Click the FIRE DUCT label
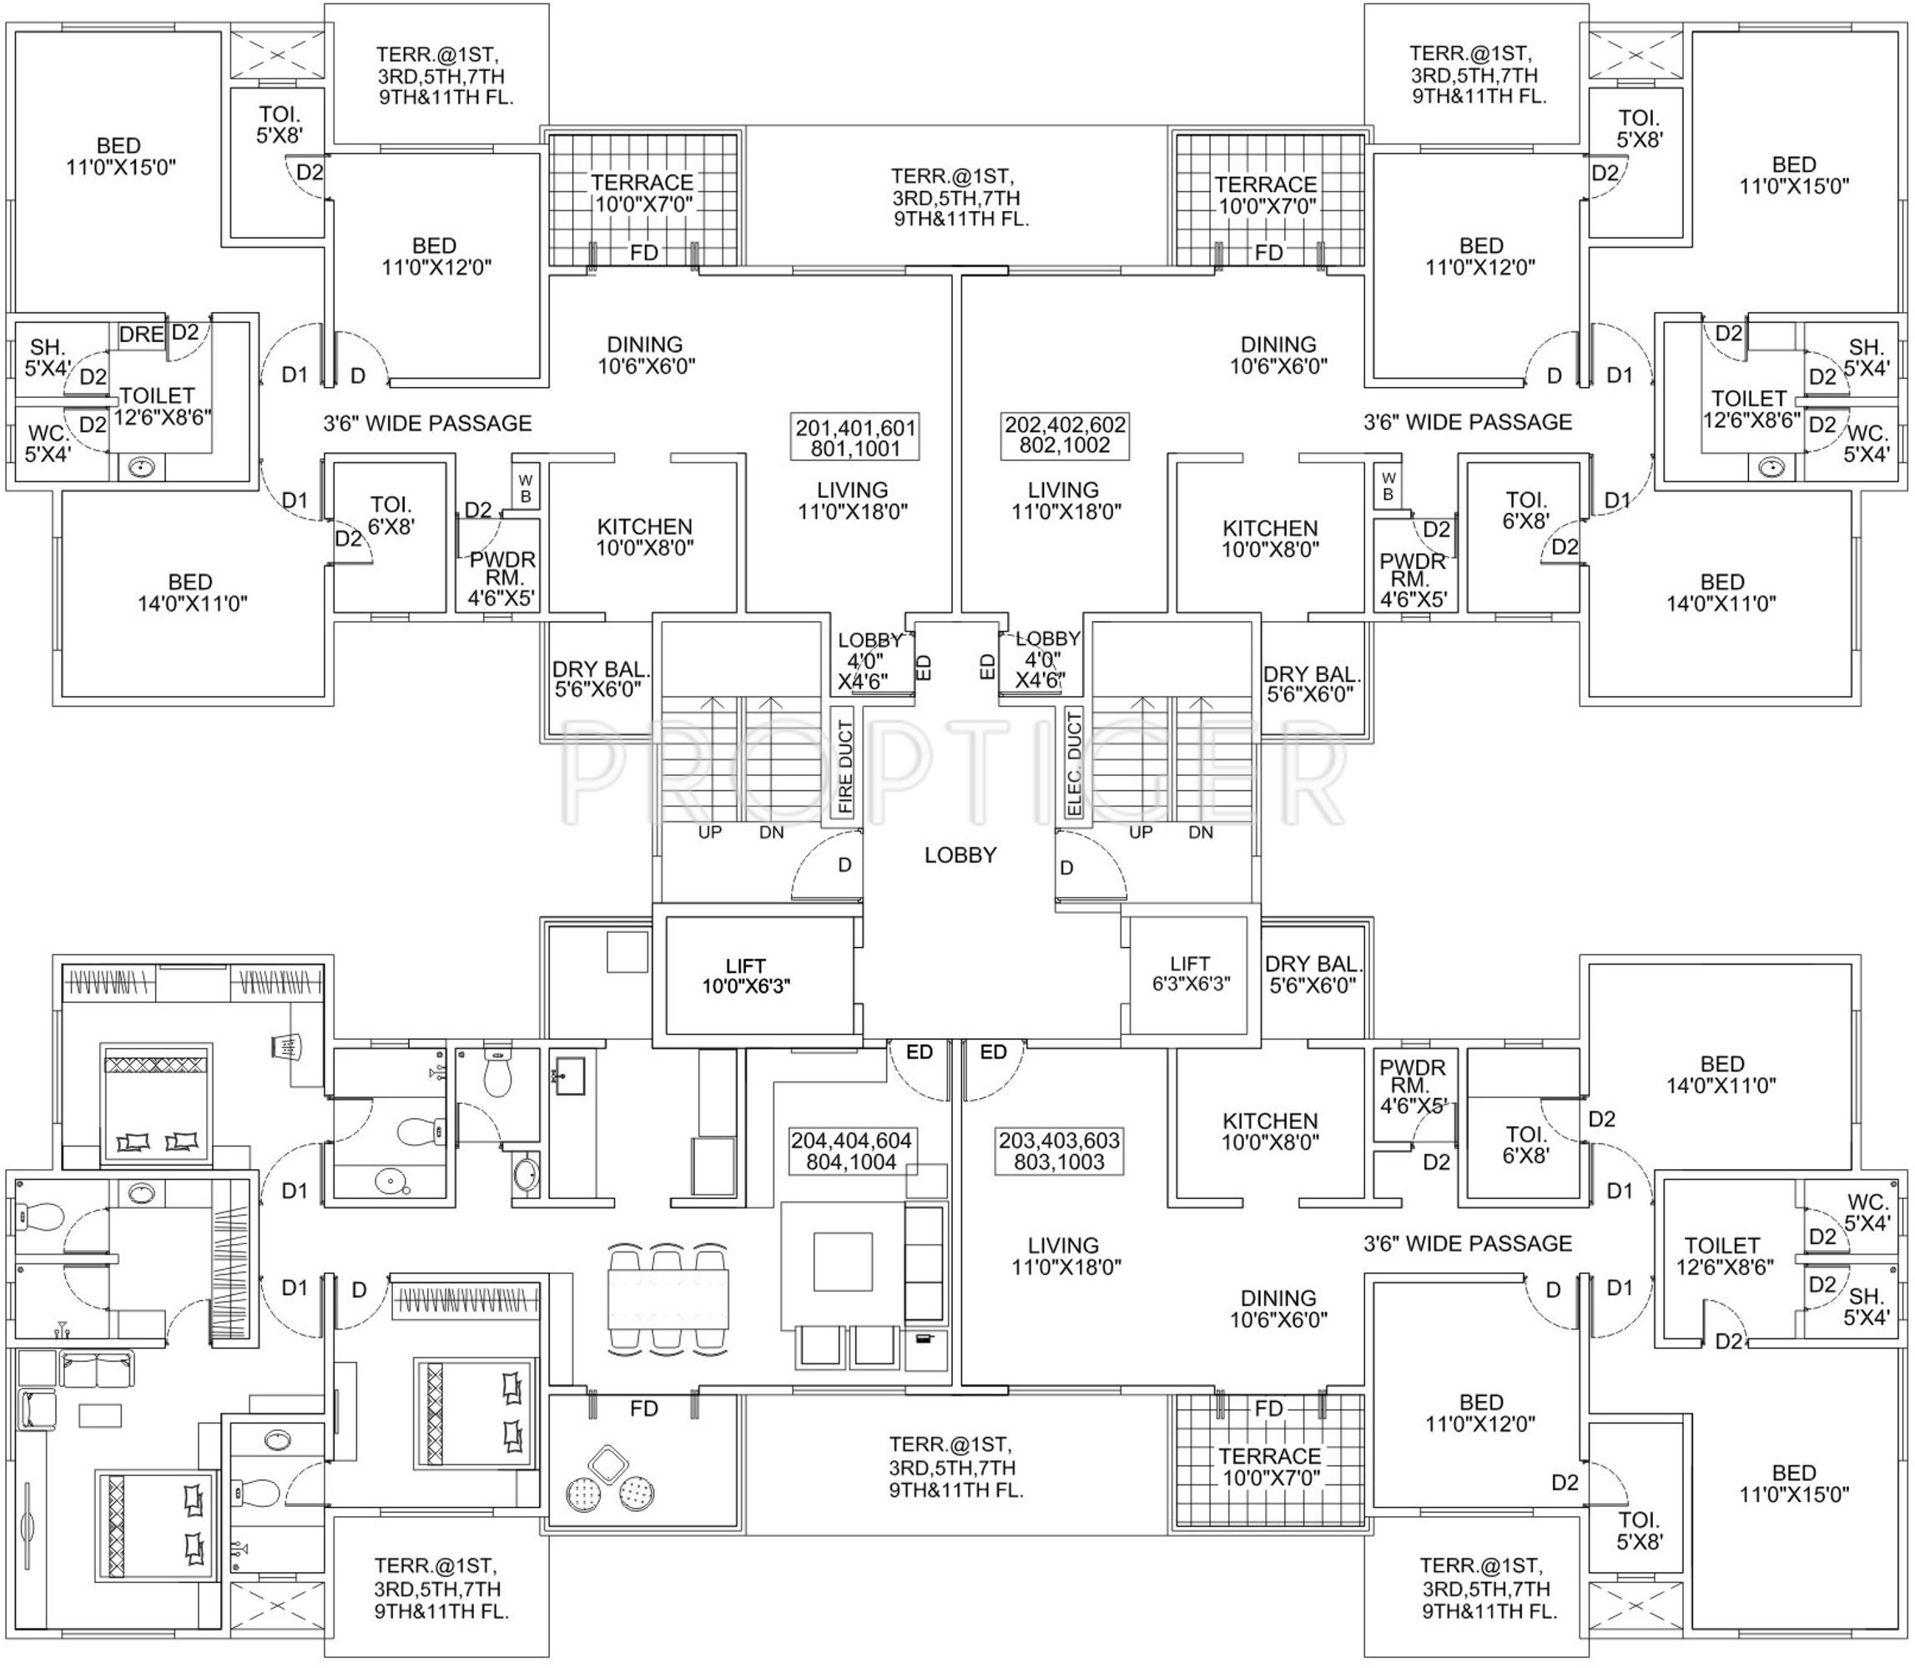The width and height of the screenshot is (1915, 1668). tap(844, 767)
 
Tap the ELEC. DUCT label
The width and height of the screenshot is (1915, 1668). tap(1075, 763)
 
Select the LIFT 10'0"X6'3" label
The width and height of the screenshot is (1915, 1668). tap(746, 975)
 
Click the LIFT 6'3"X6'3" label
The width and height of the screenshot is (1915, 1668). tap(1190, 973)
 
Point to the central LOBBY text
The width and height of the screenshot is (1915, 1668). tap(960, 854)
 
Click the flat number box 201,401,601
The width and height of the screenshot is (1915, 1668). tap(854, 437)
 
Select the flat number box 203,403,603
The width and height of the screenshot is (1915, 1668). tap(1060, 1151)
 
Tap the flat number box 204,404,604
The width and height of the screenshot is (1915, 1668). tap(851, 1151)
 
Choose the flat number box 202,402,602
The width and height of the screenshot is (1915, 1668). tap(1064, 435)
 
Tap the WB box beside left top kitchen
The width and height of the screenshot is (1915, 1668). tap(526, 488)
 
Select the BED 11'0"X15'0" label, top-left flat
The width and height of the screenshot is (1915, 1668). tap(120, 156)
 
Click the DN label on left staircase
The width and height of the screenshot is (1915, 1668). tap(771, 832)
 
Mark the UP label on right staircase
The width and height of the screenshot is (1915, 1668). tap(1141, 832)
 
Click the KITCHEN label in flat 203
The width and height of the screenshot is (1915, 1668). tap(1270, 1131)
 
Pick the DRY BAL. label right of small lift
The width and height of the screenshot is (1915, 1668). tap(1313, 973)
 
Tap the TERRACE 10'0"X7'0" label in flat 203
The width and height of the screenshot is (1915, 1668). tap(1269, 1467)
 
